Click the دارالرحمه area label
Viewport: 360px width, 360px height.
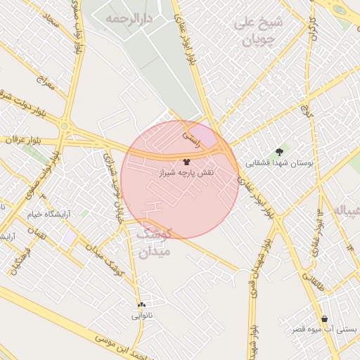[x=128, y=18]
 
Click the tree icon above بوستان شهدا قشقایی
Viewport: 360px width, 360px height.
[x=280, y=152]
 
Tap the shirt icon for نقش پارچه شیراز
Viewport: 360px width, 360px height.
[x=186, y=162]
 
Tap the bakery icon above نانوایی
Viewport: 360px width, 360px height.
[x=142, y=304]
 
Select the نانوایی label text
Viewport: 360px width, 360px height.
[x=142, y=316]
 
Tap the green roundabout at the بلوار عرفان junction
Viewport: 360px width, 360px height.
[x=64, y=127]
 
